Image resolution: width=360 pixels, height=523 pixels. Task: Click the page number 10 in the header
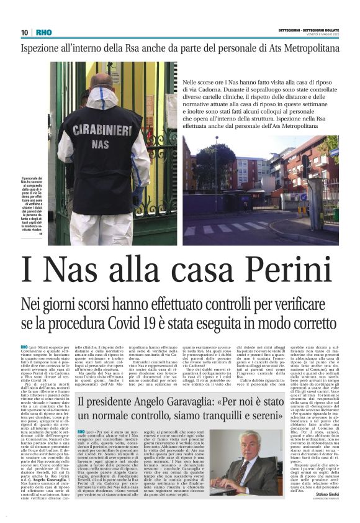point(25,32)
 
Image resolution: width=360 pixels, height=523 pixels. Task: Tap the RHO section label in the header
point(44,32)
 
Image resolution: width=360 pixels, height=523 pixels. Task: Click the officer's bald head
point(102,80)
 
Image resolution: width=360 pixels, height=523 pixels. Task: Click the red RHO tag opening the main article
point(25,345)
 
